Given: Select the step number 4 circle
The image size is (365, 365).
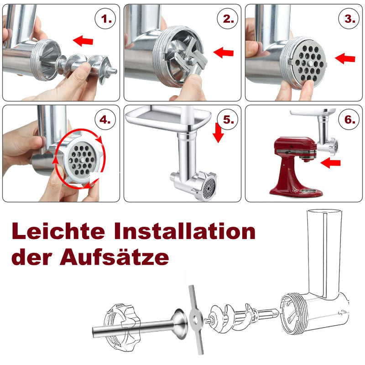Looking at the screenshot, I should tap(105, 120).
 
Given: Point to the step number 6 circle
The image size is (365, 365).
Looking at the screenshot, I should tap(348, 120).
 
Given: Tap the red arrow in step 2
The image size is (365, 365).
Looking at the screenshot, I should tap(224, 53).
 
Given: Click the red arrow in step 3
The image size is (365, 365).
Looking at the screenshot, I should tap(345, 58).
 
